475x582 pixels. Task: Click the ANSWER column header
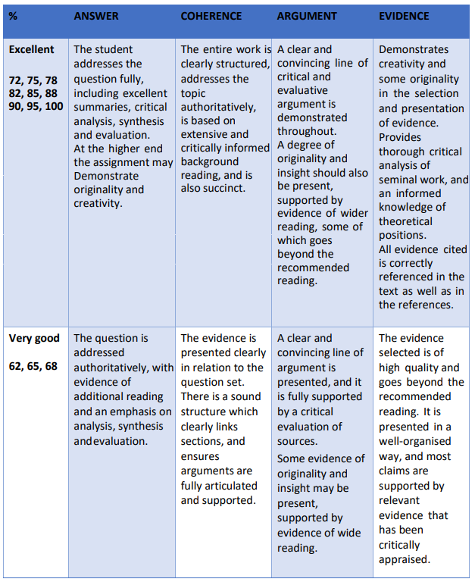[x=96, y=16]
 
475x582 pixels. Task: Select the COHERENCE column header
[x=211, y=16]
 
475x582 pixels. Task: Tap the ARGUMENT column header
[x=308, y=16]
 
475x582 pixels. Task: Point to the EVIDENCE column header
[x=404, y=16]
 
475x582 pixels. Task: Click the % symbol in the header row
[x=13, y=16]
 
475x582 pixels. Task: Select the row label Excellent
[x=32, y=49]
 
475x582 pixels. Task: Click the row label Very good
[x=34, y=338]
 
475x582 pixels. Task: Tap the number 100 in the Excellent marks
[x=53, y=107]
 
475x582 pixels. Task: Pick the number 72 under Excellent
[x=16, y=80]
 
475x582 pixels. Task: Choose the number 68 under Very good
[x=51, y=367]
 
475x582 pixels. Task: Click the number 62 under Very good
[x=16, y=367]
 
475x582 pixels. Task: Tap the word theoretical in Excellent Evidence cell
[x=405, y=221]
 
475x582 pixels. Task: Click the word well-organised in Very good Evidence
[x=415, y=441]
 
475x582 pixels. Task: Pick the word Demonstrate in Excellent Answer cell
[x=106, y=176]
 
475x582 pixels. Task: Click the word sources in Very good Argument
[x=297, y=441]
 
